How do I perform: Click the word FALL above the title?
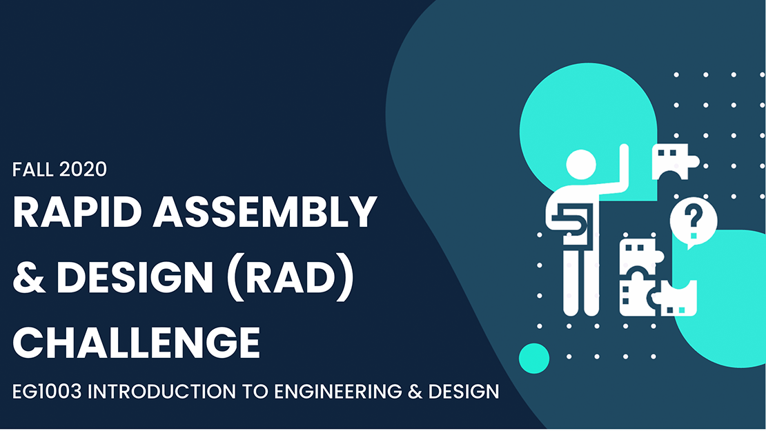pos(32,170)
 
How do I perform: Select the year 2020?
pos(83,170)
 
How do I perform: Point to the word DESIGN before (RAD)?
pos(135,277)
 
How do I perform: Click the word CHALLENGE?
pos(137,343)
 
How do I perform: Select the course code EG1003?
pos(47,392)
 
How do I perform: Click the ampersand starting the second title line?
pos(29,277)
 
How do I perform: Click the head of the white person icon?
pos(581,165)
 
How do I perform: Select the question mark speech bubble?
pos(694,223)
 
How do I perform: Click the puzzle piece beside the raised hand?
pos(675,161)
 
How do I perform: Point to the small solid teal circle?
pos(534,359)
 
